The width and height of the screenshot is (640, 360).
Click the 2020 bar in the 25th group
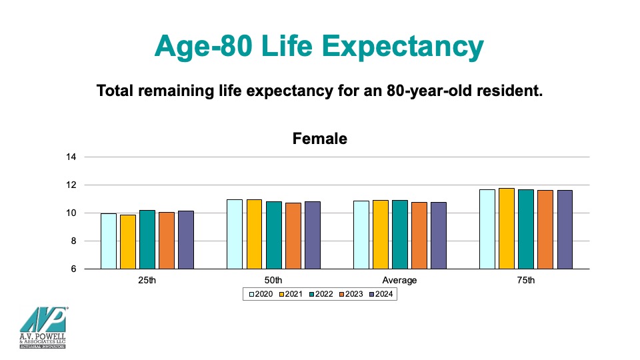(x=109, y=241)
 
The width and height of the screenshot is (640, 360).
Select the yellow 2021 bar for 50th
(x=254, y=234)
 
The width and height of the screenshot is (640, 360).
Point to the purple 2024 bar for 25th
(x=186, y=240)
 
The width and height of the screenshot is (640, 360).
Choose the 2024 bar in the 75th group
(x=565, y=229)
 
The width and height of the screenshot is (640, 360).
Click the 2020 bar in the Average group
(x=361, y=235)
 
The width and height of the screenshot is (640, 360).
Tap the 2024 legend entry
(x=381, y=294)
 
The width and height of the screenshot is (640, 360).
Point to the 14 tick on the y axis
(x=71, y=157)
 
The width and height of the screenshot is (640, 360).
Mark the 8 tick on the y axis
(x=74, y=241)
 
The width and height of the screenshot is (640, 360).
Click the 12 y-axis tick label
(x=71, y=185)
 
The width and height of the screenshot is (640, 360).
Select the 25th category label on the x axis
(x=147, y=280)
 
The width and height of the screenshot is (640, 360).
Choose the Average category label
(x=399, y=280)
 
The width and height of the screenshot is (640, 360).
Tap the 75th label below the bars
(x=527, y=280)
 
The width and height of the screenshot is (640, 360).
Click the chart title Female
(x=320, y=139)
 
